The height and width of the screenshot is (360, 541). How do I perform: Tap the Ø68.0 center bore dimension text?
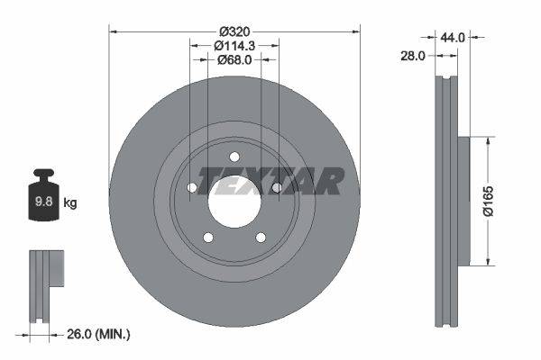234,59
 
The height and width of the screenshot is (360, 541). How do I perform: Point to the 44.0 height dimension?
453,38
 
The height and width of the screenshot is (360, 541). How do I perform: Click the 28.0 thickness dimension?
412,56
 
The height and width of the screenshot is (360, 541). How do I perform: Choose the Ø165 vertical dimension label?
489,201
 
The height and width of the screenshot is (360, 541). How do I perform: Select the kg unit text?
70,203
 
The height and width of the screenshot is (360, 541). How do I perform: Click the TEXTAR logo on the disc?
270,181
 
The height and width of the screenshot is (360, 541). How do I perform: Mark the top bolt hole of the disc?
234,157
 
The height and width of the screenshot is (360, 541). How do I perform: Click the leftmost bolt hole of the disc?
192,188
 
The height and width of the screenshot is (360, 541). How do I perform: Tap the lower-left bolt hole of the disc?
208,238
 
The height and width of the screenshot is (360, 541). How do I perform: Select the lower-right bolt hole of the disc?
261,238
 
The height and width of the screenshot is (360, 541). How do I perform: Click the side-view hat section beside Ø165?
464,201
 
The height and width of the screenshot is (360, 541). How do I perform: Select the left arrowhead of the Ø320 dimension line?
114,31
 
